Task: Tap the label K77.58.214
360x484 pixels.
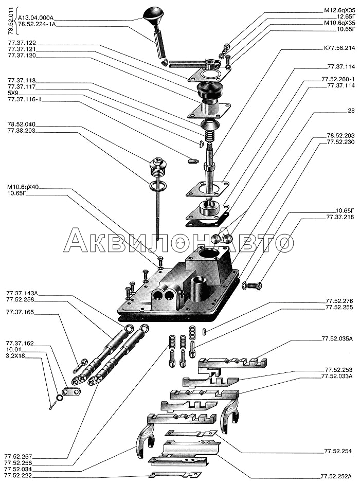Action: point(339,48)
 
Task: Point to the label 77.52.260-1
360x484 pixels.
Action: point(338,79)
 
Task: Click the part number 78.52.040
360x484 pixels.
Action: point(21,124)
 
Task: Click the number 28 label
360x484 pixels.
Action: point(351,111)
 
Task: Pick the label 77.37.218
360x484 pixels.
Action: point(340,217)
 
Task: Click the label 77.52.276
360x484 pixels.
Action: point(339,301)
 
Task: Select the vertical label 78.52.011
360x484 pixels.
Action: point(11,21)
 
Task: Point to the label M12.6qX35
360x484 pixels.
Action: point(339,10)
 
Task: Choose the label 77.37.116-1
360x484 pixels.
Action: point(24,99)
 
